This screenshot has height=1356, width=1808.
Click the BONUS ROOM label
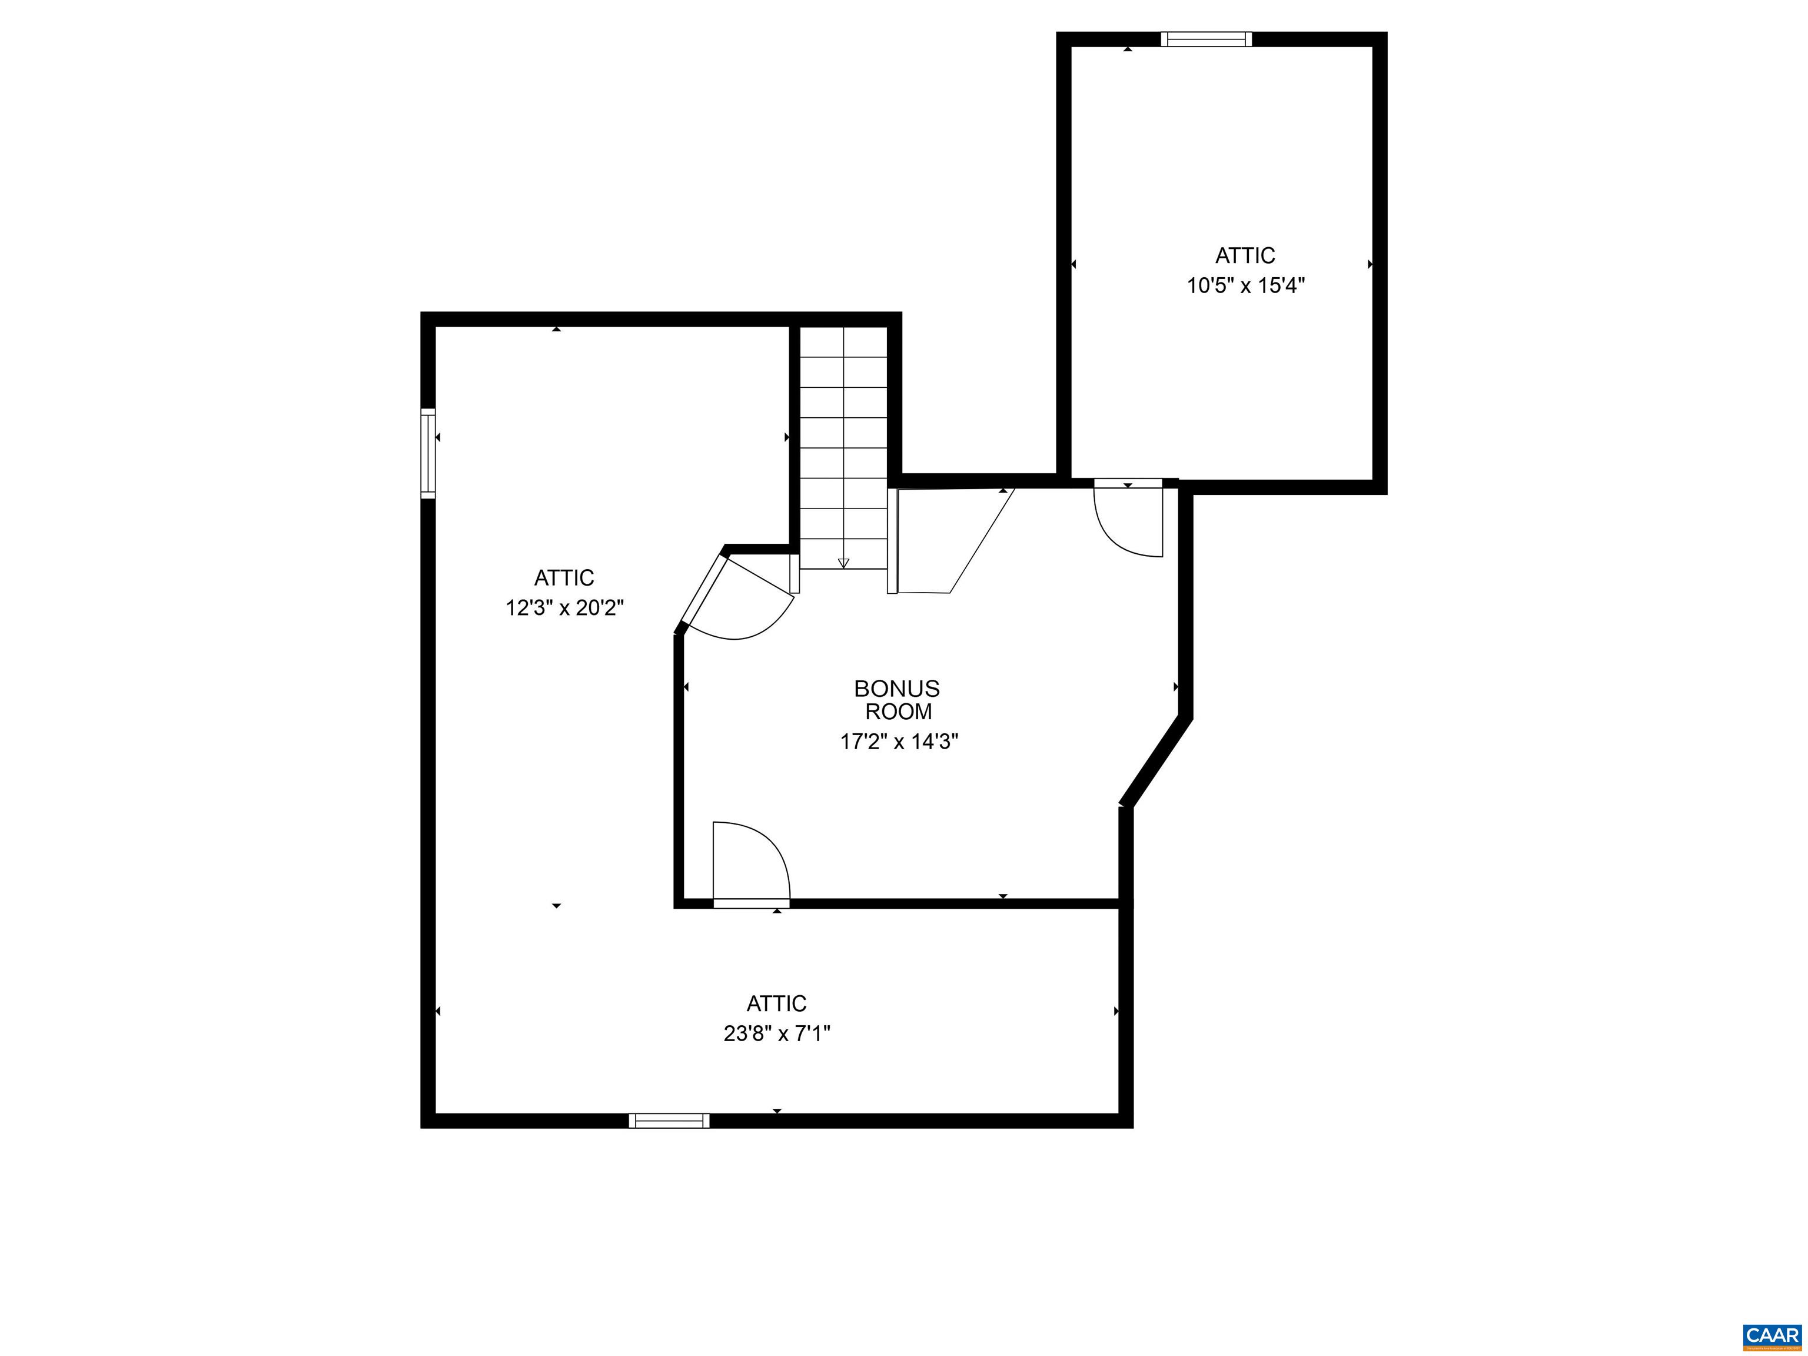pyautogui.click(x=898, y=700)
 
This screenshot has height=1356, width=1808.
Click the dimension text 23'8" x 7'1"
pyautogui.click(x=776, y=1035)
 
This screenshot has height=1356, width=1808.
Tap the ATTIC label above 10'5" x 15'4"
pyautogui.click(x=1245, y=256)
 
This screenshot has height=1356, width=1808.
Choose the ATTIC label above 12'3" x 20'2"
pyautogui.click(x=564, y=578)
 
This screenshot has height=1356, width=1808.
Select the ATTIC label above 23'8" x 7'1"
pyautogui.click(x=776, y=1003)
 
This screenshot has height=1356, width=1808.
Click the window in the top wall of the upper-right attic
pyautogui.click(x=1207, y=39)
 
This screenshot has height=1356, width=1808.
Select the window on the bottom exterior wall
pyautogui.click(x=669, y=1121)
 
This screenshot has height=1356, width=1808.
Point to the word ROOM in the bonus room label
pyautogui.click(x=898, y=712)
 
